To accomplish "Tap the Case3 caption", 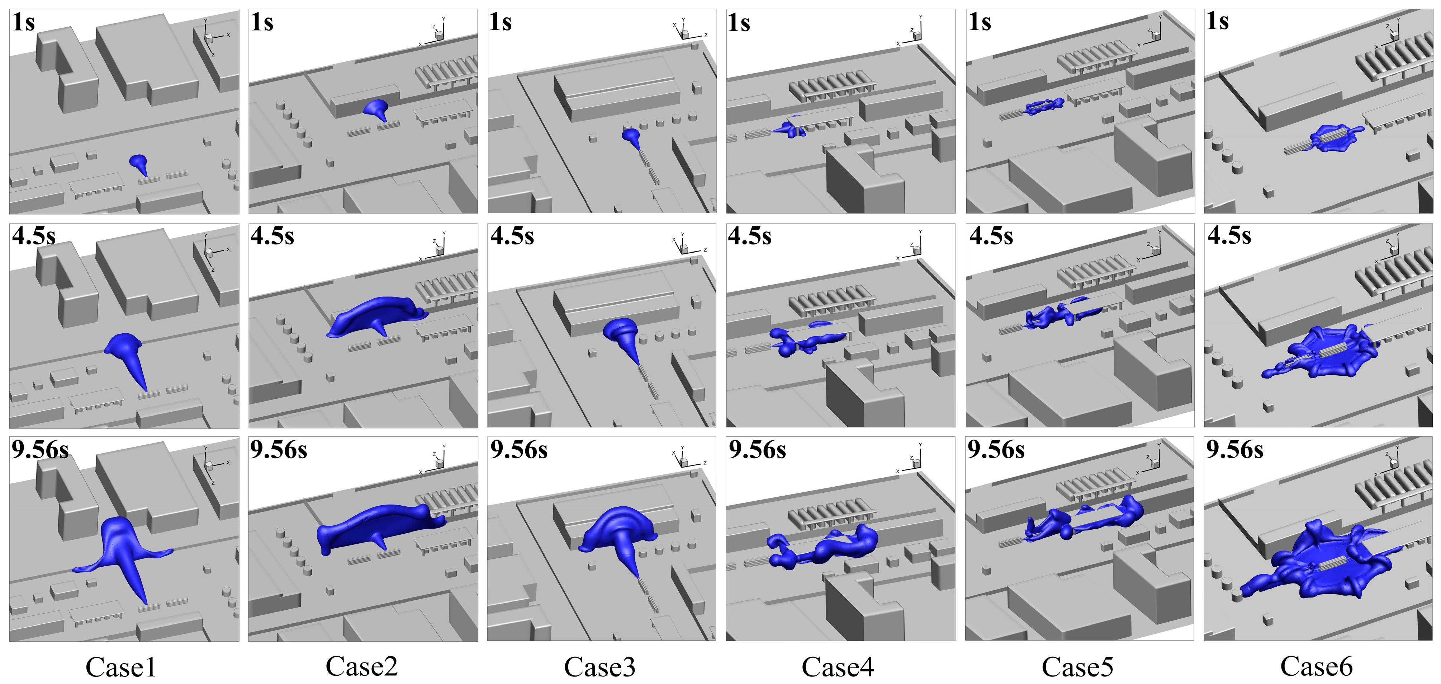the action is point(600,667).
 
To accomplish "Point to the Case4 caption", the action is point(838,667).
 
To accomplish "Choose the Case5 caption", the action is point(1077,667).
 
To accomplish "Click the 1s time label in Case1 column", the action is point(24,22).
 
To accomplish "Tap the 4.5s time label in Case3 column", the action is point(512,236).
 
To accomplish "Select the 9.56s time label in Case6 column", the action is point(1234,449).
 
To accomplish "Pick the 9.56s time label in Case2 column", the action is point(279,449).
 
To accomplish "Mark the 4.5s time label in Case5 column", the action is point(991,236).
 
